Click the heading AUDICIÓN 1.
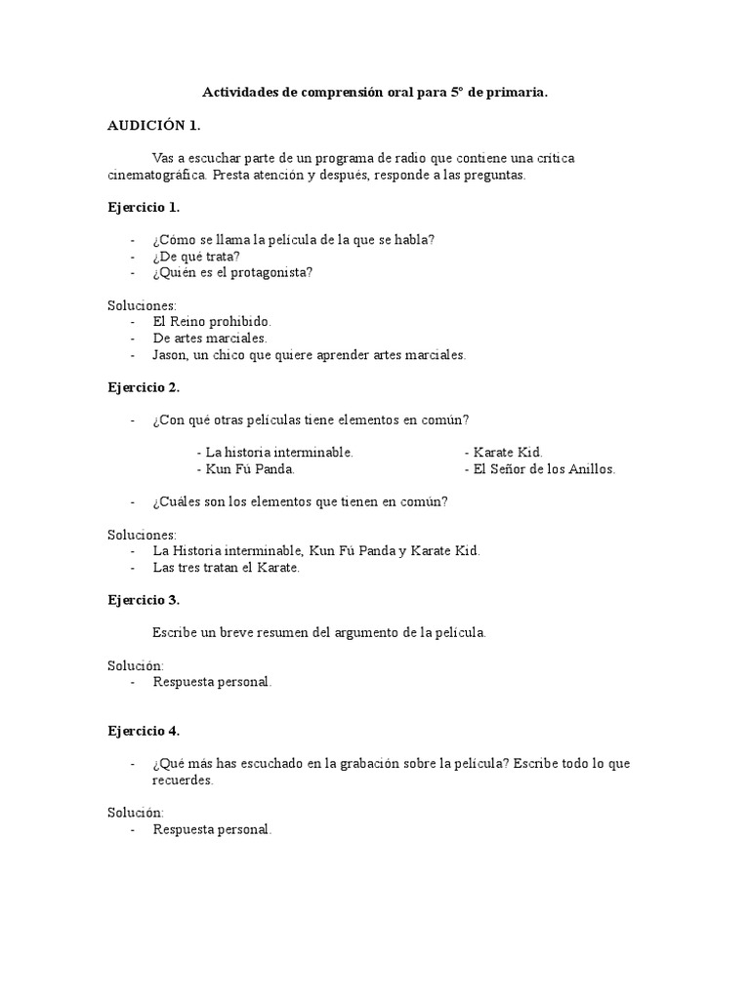153,125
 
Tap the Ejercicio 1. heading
143,207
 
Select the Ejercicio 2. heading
143,387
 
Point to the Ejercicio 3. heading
143,600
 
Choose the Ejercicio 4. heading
143,731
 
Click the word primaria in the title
515,93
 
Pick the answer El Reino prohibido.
212,321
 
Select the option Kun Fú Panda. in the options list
245,469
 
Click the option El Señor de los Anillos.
540,469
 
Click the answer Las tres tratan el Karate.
226,567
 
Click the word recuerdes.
183,780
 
